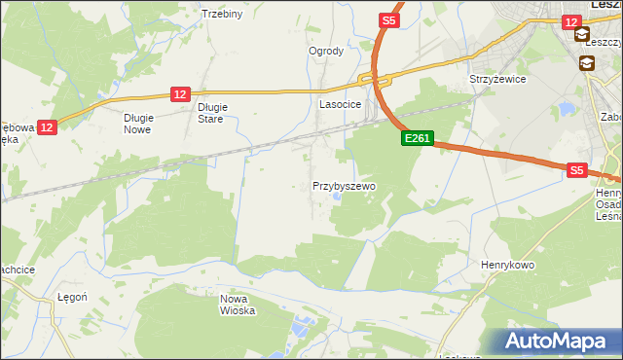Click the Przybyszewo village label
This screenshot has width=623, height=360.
click(344, 185)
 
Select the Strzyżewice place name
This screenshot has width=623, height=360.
click(497, 79)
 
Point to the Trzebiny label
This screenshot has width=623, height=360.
click(221, 14)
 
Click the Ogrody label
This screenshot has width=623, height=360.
click(326, 52)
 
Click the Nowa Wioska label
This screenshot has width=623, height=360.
click(238, 305)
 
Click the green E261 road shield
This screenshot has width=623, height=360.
click(417, 139)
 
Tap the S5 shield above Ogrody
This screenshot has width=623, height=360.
click(389, 19)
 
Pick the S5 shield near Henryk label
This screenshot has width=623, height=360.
click(577, 170)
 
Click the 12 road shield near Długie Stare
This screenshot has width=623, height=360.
click(179, 93)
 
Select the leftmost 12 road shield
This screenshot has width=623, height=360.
click(48, 126)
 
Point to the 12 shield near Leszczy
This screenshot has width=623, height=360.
click(572, 20)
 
